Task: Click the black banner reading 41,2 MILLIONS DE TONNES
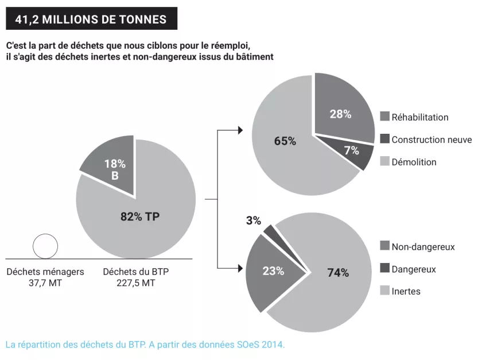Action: click(x=91, y=19)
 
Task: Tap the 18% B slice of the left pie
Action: click(x=112, y=166)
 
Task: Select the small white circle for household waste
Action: click(x=45, y=246)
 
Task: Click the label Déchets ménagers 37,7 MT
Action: click(x=45, y=277)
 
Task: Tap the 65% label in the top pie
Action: click(x=285, y=141)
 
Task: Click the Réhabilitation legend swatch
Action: click(x=385, y=117)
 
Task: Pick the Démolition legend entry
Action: click(x=414, y=162)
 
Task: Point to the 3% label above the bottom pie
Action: click(x=254, y=220)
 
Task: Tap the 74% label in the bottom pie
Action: click(x=338, y=273)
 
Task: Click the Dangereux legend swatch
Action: click(x=385, y=269)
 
